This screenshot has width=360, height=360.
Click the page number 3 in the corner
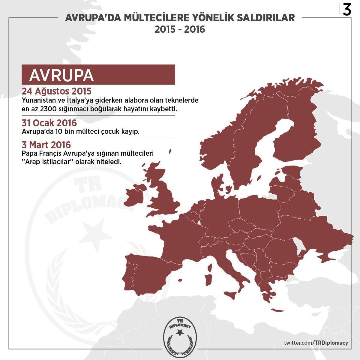point(347,10)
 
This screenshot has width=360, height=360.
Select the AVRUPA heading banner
point(98,74)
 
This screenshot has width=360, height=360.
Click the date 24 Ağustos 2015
point(56,91)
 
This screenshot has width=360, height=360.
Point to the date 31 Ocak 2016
point(49,123)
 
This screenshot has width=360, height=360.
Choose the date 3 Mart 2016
point(46,145)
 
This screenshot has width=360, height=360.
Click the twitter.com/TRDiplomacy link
point(316,343)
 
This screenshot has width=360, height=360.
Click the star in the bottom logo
point(180,332)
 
